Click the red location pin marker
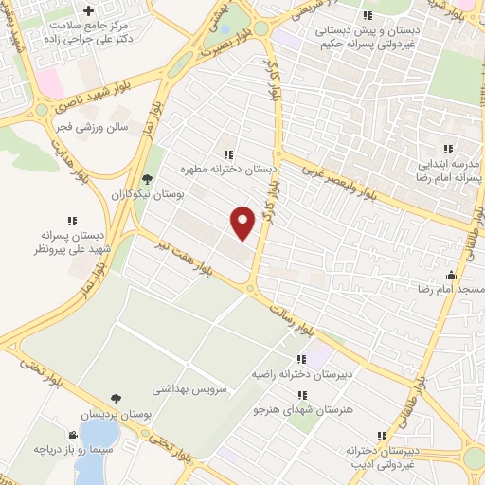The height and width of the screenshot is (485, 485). click(243, 222)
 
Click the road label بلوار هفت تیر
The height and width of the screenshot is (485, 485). click(180, 255)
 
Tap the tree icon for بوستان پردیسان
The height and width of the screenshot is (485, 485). click(116, 400)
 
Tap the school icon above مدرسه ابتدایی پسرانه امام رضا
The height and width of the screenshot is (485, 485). click(448, 149)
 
